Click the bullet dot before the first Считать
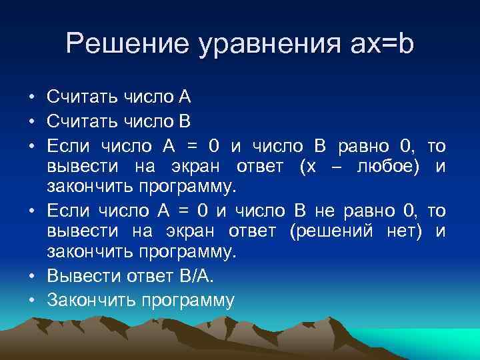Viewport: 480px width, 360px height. (x=31, y=98)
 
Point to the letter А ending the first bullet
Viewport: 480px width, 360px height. (x=185, y=97)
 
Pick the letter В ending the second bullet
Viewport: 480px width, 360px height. (x=185, y=121)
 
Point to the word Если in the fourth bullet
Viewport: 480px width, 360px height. (x=69, y=211)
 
